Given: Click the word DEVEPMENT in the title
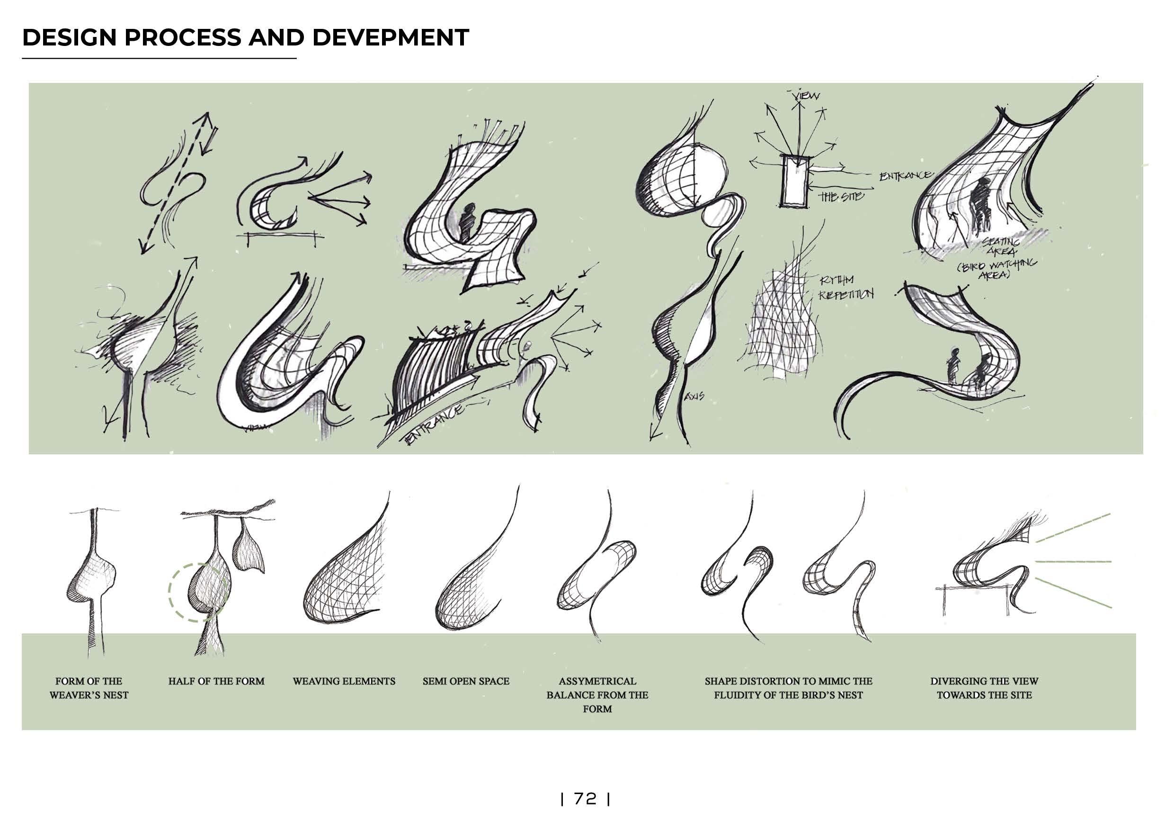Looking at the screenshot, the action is (x=390, y=37).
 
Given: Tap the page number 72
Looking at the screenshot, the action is (x=585, y=798).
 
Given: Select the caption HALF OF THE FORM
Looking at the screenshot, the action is (x=216, y=681).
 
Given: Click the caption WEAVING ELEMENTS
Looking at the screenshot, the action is (x=344, y=681).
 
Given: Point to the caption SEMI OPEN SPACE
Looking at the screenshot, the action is (x=466, y=681).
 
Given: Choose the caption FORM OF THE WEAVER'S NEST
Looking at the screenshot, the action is (x=89, y=688).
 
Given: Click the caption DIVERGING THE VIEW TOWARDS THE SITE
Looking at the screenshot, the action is (x=984, y=688).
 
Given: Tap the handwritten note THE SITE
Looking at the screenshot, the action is (x=841, y=197).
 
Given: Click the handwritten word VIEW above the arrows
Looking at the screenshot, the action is (x=806, y=95).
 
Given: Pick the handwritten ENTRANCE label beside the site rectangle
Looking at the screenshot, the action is (x=905, y=175).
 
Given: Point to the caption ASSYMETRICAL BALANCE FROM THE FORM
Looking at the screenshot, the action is (x=597, y=695).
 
